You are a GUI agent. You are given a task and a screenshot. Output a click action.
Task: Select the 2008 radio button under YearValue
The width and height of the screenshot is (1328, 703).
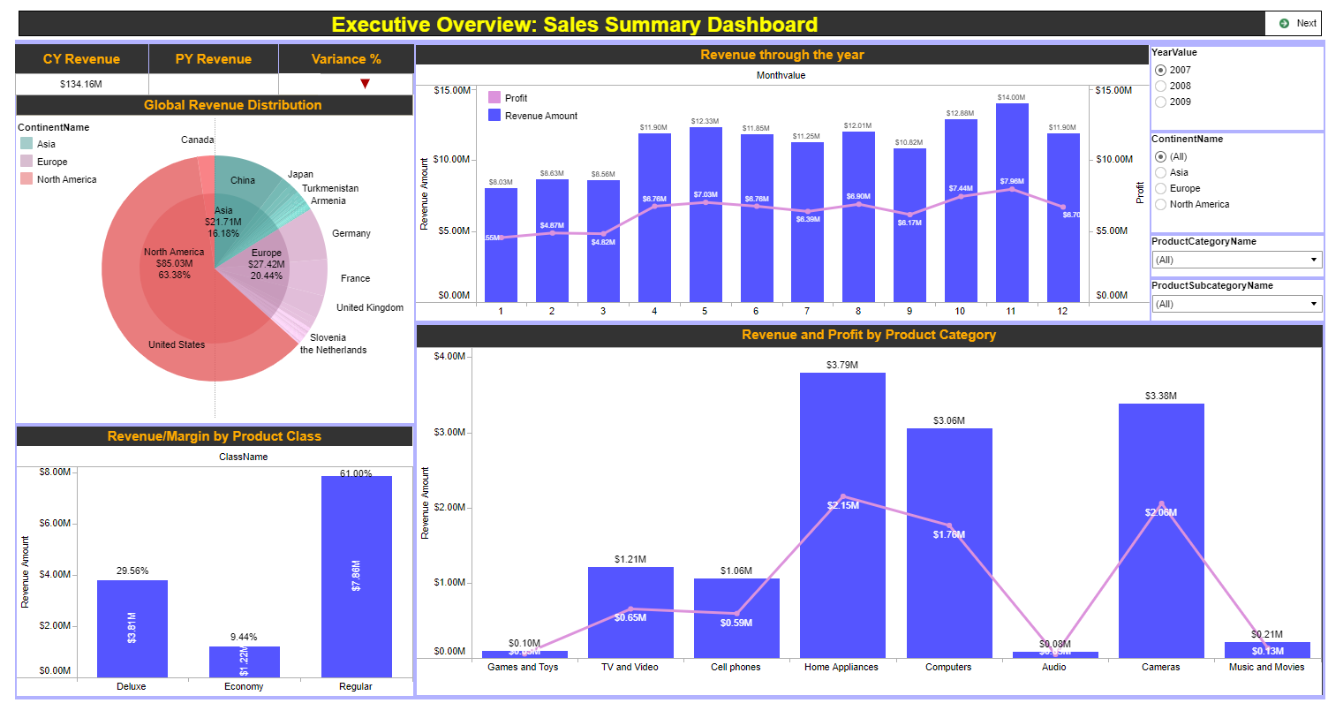(x=1161, y=86)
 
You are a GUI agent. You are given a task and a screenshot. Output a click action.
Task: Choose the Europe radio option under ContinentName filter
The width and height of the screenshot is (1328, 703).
(x=1161, y=188)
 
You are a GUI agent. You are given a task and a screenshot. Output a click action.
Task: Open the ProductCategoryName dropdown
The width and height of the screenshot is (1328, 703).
(x=1236, y=260)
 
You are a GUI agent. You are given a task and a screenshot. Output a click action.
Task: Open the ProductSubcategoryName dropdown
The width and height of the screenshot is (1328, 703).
(x=1236, y=304)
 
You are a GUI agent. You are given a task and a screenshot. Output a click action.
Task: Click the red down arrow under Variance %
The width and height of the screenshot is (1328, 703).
(x=365, y=84)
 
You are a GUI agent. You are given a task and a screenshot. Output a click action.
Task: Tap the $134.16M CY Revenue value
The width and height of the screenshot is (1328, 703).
(x=81, y=84)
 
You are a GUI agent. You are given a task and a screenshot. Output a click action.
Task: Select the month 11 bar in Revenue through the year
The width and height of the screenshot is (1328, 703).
(x=1012, y=203)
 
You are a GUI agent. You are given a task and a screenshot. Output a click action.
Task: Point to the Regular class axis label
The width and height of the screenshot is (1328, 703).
(x=356, y=686)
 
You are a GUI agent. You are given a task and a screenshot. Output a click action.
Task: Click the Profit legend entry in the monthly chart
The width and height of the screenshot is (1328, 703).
(x=516, y=98)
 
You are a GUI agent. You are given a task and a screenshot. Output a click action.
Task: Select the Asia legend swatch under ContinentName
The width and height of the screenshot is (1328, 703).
(x=26, y=144)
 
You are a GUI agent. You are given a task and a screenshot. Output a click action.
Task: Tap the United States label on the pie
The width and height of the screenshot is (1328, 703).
(x=177, y=344)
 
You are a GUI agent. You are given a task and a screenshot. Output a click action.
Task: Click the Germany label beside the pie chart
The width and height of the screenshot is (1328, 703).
(x=351, y=233)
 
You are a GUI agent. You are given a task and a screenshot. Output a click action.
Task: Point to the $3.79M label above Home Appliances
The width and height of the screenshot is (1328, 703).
(x=842, y=365)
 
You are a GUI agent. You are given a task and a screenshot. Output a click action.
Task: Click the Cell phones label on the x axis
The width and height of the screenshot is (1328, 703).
(x=736, y=667)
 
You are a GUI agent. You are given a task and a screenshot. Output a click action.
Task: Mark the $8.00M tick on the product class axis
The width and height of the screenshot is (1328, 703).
(x=55, y=472)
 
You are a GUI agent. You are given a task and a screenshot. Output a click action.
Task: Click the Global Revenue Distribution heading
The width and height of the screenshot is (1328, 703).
(x=233, y=105)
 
